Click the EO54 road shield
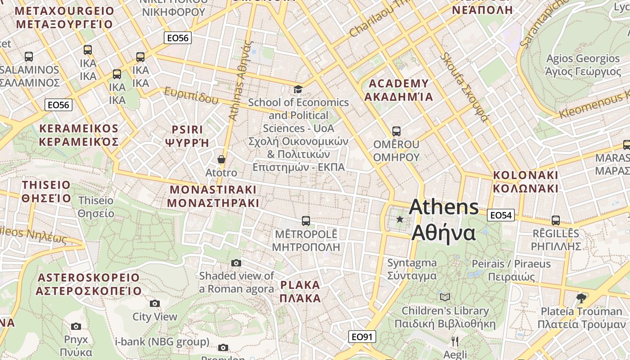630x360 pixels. pyautogui.click(x=501, y=216)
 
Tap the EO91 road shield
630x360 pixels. pyautogui.click(x=362, y=337)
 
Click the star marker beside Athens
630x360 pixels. pyautogui.click(x=400, y=219)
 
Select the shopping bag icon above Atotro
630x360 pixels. pyautogui.click(x=221, y=159)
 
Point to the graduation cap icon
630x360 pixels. pyautogui.click(x=298, y=89)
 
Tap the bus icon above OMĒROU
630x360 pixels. pyautogui.click(x=396, y=131)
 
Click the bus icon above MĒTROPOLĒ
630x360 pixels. pyautogui.click(x=306, y=220)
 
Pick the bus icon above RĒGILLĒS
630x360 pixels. pyautogui.click(x=556, y=220)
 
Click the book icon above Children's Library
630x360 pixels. pyautogui.click(x=445, y=297)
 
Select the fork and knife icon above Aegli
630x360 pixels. pyautogui.click(x=455, y=341)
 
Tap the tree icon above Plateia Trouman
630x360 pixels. pyautogui.click(x=581, y=297)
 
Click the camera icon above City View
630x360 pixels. pyautogui.click(x=155, y=303)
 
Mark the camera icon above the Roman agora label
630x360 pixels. pyautogui.click(x=236, y=263)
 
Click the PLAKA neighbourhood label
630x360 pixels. pyautogui.click(x=300, y=291)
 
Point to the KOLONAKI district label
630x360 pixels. pyautogui.click(x=526, y=181)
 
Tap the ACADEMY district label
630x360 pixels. pyautogui.click(x=399, y=90)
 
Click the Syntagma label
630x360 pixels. pyautogui.click(x=412, y=269)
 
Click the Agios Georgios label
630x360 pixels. pyautogui.click(x=583, y=65)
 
